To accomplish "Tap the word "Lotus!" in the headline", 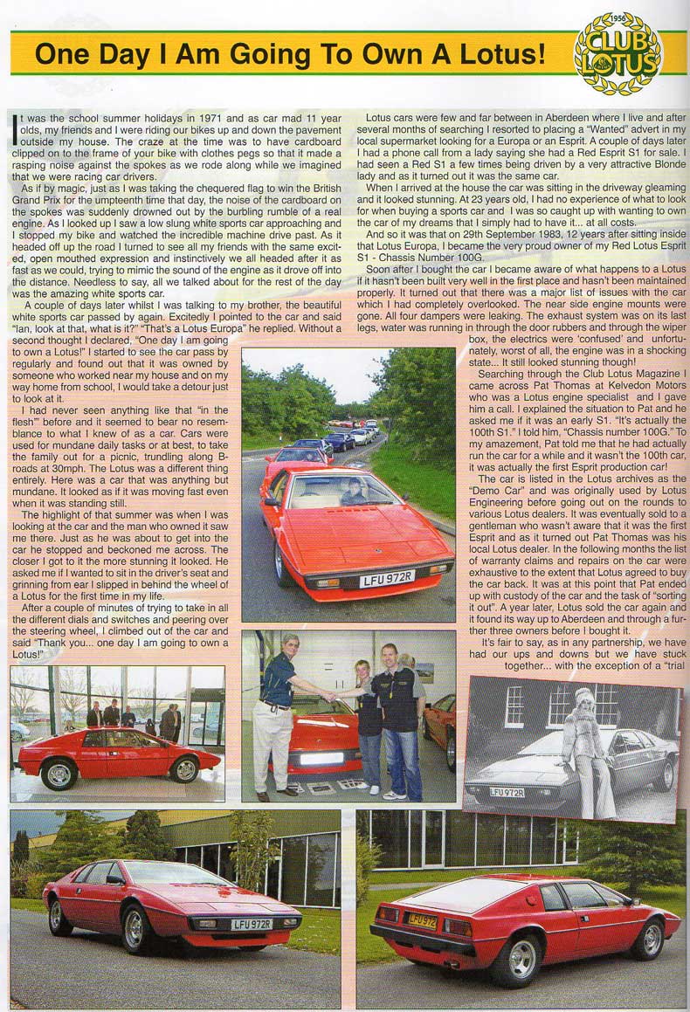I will (x=493, y=54).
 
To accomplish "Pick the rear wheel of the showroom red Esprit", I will (x=184, y=769).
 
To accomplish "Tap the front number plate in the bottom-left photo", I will (x=252, y=923).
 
